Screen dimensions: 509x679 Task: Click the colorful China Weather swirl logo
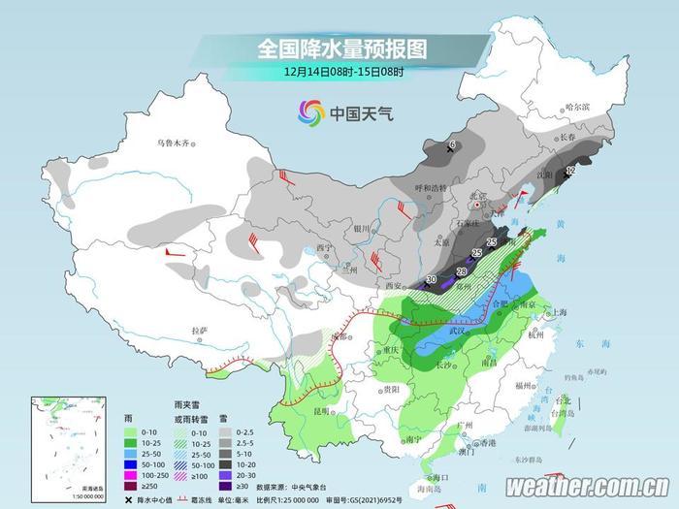(310, 114)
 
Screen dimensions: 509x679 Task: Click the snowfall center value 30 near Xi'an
(432, 280)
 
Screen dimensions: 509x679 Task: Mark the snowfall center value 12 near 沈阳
(569, 170)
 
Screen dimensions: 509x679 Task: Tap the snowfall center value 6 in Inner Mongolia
(451, 145)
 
